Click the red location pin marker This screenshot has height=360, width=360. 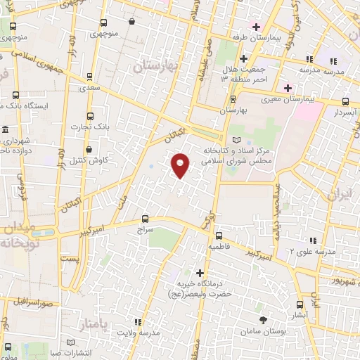pyautogui.click(x=181, y=165)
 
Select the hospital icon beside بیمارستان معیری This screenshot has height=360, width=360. pyautogui.click(x=287, y=88)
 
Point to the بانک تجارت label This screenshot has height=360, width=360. pyautogui.click(x=86, y=127)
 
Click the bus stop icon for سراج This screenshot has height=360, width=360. pyautogui.click(x=146, y=219)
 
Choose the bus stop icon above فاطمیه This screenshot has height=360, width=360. pyautogui.click(x=219, y=236)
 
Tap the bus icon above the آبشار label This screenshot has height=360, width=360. pyautogui.click(x=301, y=305)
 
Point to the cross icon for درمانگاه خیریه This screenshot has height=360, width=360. pyautogui.click(x=200, y=273)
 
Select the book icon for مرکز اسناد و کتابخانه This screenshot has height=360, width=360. pyautogui.click(x=235, y=141)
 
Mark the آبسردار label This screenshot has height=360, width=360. pyautogui.click(x=345, y=112)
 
